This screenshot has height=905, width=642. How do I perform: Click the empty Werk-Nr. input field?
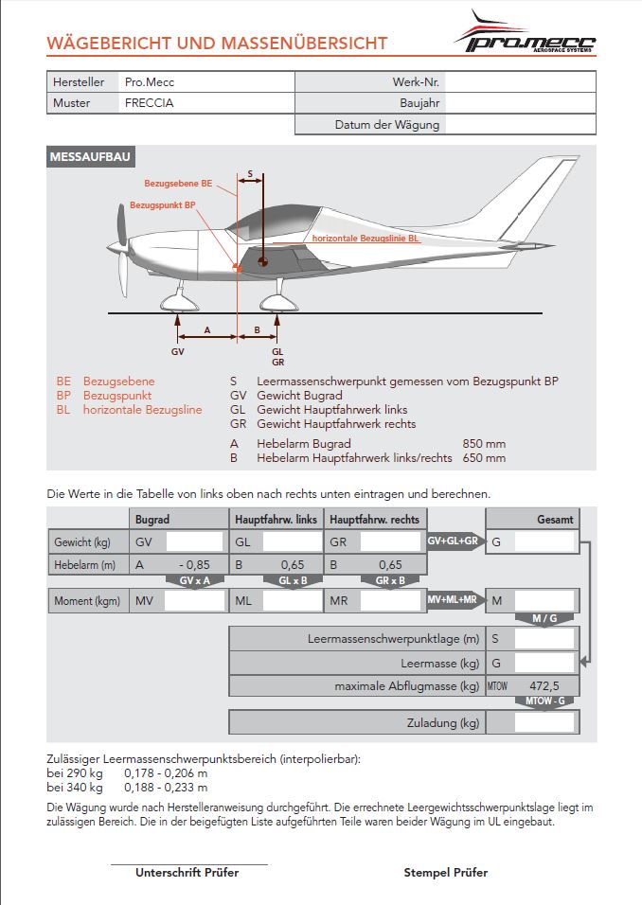pyautogui.click(x=520, y=82)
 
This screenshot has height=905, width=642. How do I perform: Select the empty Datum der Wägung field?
pyautogui.click(x=520, y=124)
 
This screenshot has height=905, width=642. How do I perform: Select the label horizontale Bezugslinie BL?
pyautogui.click(x=366, y=239)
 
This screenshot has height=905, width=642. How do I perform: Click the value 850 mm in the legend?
pyautogui.click(x=484, y=443)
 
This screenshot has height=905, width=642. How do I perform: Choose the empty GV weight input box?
pyautogui.click(x=193, y=541)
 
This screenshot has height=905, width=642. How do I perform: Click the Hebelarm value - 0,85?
pyautogui.click(x=193, y=564)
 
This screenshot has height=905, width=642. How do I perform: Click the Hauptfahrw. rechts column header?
pyautogui.click(x=375, y=519)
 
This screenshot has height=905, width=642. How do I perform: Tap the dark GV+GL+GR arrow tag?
pyautogui.click(x=455, y=541)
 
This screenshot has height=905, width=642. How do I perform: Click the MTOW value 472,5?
pyautogui.click(x=544, y=685)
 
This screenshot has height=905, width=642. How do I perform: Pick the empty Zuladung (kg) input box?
pyautogui.click(x=544, y=722)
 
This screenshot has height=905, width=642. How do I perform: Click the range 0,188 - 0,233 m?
pyautogui.click(x=167, y=787)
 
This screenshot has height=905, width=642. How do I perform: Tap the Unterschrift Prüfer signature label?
pyautogui.click(x=187, y=873)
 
